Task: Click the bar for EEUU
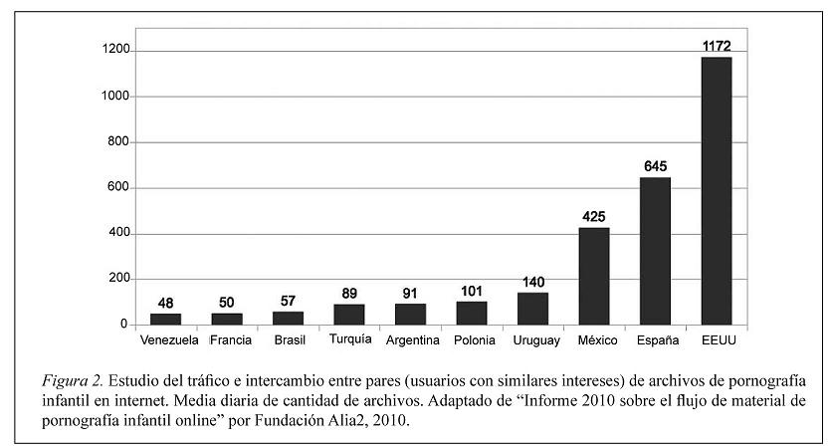(716, 191)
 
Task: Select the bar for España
(655, 251)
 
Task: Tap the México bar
(593, 276)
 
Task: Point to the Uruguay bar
(532, 309)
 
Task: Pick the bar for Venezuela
(165, 319)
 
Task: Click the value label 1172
(716, 46)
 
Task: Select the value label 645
(655, 166)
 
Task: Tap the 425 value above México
(593, 216)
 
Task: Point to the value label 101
(472, 290)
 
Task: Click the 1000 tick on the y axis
(114, 97)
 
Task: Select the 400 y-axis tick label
(118, 234)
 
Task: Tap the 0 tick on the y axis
(124, 325)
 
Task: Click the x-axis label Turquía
(349, 339)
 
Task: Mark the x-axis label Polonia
(472, 340)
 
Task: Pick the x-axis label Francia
(231, 340)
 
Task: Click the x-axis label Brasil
(289, 340)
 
